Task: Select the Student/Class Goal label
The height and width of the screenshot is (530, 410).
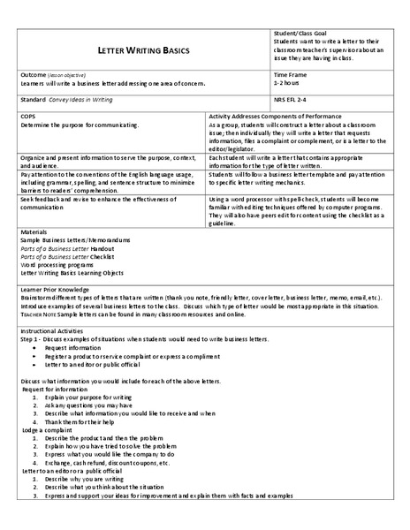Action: (302, 33)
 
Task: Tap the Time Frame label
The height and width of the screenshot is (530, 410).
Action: (291, 76)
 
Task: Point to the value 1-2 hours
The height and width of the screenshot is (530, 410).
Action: (288, 83)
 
